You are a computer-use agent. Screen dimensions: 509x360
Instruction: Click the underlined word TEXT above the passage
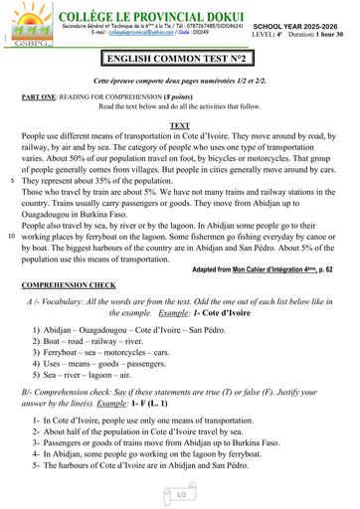(180, 126)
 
